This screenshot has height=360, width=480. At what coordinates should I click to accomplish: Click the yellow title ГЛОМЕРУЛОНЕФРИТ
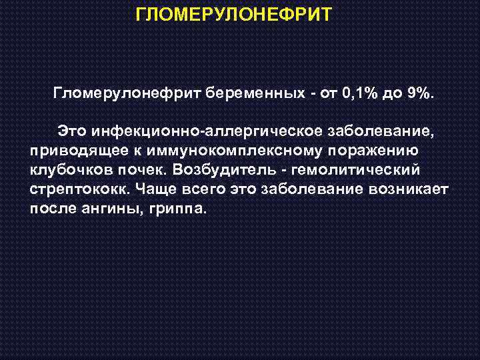pos(233,15)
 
